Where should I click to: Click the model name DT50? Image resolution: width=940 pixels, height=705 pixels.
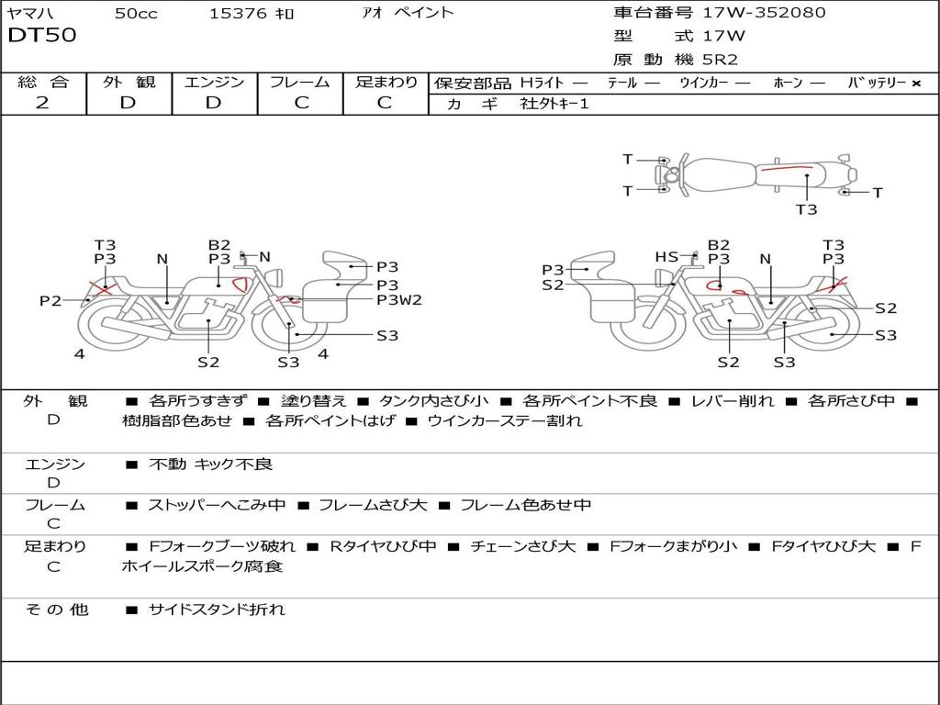click(42, 36)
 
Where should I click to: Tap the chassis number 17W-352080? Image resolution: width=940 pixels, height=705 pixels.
click(764, 13)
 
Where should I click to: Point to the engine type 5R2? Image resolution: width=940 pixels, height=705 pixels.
click(721, 60)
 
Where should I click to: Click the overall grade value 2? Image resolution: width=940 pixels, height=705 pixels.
click(42, 103)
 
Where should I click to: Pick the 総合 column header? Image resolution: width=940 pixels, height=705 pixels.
click(43, 82)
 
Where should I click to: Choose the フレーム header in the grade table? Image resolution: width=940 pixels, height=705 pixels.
click(300, 82)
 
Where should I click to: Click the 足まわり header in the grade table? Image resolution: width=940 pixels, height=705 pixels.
click(386, 82)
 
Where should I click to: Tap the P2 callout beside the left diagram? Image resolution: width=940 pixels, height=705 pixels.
click(50, 300)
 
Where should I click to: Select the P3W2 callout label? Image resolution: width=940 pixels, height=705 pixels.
click(399, 300)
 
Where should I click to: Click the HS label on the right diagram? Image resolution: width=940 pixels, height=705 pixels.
click(666, 257)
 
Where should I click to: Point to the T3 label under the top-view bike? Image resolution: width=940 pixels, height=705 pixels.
click(806, 209)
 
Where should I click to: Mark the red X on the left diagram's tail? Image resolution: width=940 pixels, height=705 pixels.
click(100, 288)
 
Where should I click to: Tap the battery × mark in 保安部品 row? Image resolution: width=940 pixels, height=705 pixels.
click(915, 83)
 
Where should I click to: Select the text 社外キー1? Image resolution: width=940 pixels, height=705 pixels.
click(554, 104)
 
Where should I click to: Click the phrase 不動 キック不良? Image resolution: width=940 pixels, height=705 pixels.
click(210, 464)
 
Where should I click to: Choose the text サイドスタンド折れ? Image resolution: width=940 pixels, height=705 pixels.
click(217, 609)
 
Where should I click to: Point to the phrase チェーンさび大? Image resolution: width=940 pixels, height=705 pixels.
click(522, 546)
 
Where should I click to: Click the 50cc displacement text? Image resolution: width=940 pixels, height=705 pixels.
click(134, 13)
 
